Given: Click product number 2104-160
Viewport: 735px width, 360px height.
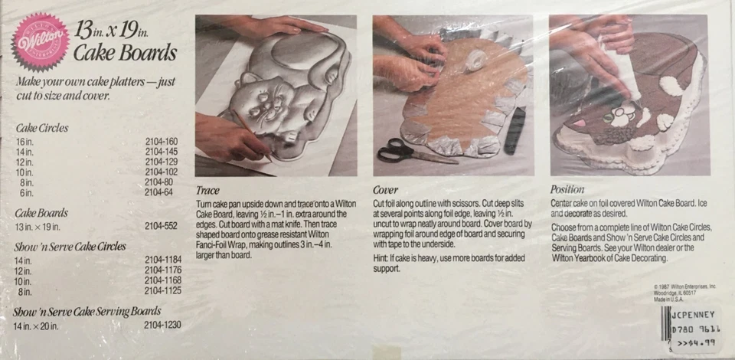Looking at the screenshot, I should point(161,141).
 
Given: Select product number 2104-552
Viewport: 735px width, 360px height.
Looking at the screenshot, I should point(161,227).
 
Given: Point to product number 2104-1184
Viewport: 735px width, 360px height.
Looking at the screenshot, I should point(162,262).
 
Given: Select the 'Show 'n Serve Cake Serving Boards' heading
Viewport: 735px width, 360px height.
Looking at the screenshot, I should point(88,312).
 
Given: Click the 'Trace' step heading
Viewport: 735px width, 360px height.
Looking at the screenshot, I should point(208,190).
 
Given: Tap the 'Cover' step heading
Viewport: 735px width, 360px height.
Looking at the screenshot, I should point(386,190).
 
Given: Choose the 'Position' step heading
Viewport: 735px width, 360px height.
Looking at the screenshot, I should point(568,189).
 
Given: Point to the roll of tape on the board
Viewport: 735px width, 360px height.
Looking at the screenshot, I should point(477,58).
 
